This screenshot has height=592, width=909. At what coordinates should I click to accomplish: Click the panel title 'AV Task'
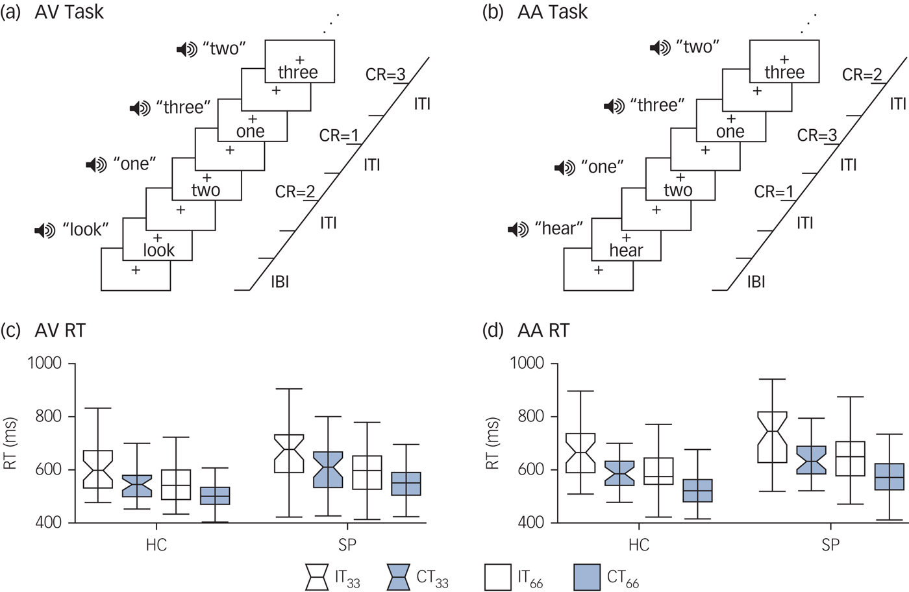point(69,12)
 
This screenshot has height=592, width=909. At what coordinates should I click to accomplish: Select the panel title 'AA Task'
point(553,12)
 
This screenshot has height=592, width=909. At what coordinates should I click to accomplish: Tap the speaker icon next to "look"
point(45,230)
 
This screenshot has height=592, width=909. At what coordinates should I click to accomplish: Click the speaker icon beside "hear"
point(518,229)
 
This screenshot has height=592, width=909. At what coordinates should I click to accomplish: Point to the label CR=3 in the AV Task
point(385,75)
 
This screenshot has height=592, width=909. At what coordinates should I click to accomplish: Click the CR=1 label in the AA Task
point(773,192)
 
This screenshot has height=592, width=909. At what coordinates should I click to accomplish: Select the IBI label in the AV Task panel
point(280,282)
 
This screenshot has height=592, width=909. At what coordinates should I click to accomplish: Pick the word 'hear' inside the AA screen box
point(626,251)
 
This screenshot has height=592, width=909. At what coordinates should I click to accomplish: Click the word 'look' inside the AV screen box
point(158,251)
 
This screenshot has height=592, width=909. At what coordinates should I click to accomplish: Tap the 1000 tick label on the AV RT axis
point(44,363)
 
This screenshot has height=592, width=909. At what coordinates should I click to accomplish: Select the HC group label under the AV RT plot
point(156,545)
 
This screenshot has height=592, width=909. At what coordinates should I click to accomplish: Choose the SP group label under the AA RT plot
point(830,545)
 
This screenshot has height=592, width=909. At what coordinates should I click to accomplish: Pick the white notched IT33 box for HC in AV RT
point(99,469)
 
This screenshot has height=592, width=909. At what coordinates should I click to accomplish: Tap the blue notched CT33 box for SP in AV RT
point(329,469)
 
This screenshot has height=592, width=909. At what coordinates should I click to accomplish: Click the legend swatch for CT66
point(587,577)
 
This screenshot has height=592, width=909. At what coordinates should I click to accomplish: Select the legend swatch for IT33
point(317,577)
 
